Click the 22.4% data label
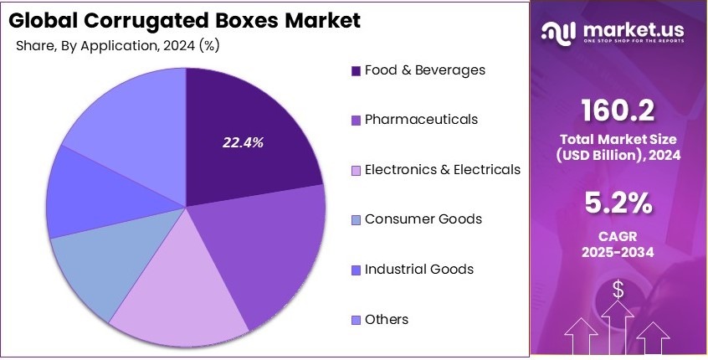click(243, 143)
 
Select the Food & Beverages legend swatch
click(356, 71)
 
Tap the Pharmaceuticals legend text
click(421, 120)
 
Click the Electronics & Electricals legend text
click(442, 170)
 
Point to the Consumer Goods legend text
click(423, 219)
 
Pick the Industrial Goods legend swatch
click(356, 270)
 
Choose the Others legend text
click(387, 320)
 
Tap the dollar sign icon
click(618, 290)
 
